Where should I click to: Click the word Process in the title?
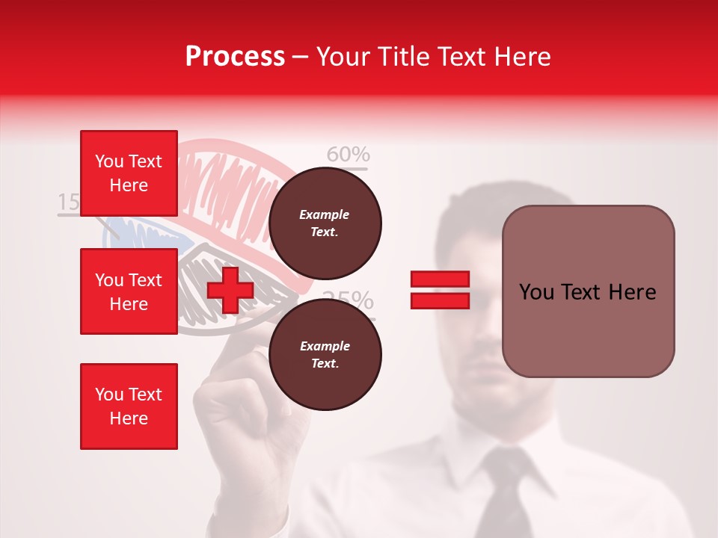pos(235,57)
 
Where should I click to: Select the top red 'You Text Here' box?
pos(129,173)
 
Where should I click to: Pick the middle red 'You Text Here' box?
pos(129,291)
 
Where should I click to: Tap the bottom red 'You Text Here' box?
pos(129,406)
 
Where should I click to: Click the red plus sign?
pos(230,289)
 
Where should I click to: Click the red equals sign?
pos(440,290)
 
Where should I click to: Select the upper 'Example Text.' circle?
pos(325,223)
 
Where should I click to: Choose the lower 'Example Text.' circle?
pos(325,355)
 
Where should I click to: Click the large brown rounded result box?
pos(588,291)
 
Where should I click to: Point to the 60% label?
pos(349,155)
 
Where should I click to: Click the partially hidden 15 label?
pos(68,202)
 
